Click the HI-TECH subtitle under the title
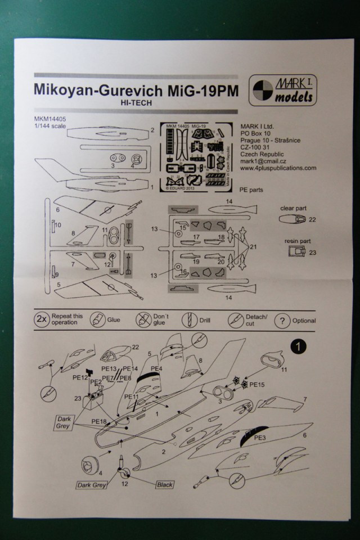pos(136,104)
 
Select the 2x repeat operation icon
pos(42,320)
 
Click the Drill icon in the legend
pos(188,321)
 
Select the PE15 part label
pos(256,385)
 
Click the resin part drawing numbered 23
pos(295,251)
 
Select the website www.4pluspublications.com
pos(277,168)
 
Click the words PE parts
pos(251,190)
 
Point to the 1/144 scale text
pos(50,126)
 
